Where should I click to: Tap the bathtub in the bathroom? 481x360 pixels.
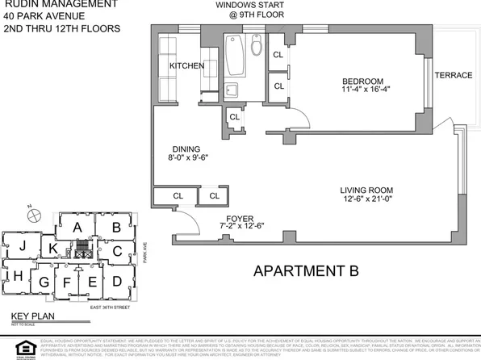click(x=236, y=56)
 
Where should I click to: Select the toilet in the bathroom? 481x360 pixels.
click(x=257, y=46)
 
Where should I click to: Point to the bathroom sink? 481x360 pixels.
click(x=231, y=90)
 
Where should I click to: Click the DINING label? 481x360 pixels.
click(x=186, y=149)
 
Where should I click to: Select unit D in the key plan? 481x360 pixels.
click(x=117, y=281)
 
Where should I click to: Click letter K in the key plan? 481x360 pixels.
click(x=52, y=249)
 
